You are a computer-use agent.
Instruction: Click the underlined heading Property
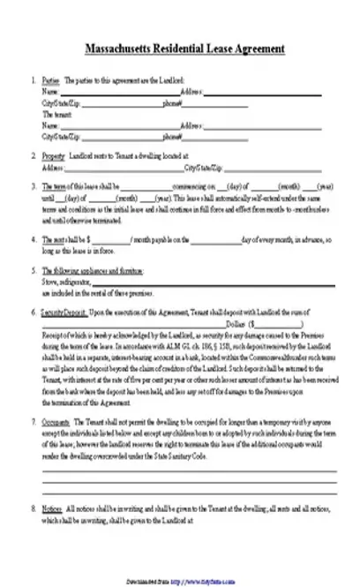click(x=53, y=156)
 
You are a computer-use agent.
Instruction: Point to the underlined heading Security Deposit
click(x=61, y=313)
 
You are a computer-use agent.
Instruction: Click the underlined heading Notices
click(x=52, y=511)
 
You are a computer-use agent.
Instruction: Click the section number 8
click(x=34, y=511)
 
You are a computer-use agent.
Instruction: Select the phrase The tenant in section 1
click(x=55, y=114)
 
